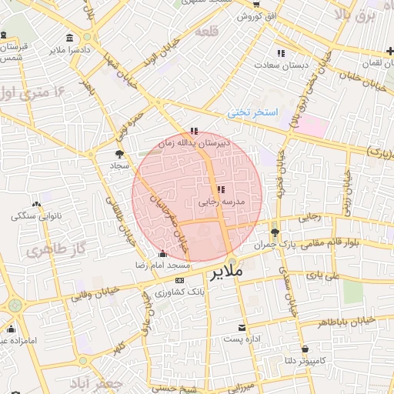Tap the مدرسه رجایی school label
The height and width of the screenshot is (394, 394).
[x=221, y=202]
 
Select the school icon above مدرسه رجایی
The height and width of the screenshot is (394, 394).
[x=221, y=189]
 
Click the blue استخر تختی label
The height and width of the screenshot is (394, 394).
[x=252, y=113]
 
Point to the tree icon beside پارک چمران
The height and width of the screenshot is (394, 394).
[x=275, y=232]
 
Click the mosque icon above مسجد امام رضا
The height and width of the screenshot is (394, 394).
[x=162, y=255]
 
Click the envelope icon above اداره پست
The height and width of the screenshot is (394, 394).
[x=242, y=328]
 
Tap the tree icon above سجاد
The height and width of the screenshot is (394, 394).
[x=119, y=154]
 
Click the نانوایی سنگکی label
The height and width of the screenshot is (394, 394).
[x=36, y=216]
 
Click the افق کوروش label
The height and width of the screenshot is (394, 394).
[x=255, y=15]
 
